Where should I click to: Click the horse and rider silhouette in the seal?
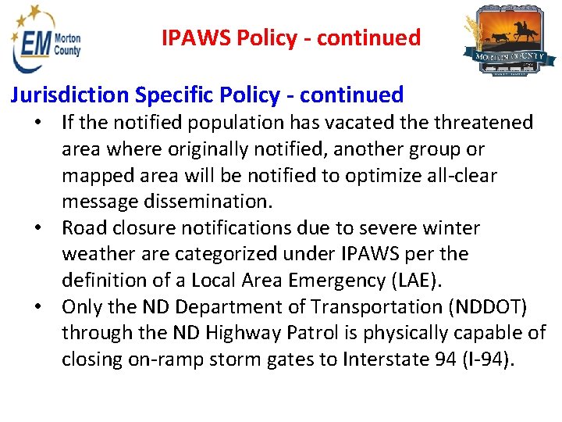(x=522, y=31)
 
